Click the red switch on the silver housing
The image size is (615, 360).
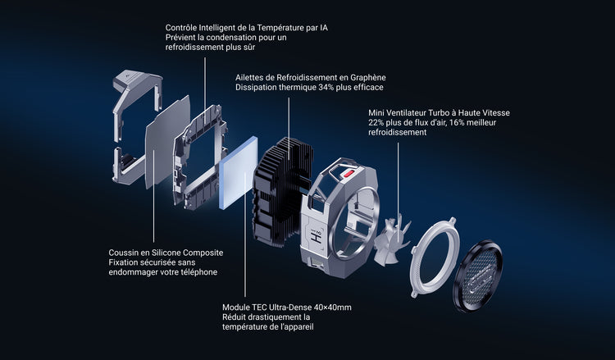point(348,173)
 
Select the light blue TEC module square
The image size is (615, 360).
point(239,173)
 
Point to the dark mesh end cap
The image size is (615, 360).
point(478,276)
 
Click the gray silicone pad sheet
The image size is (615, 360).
point(167,142)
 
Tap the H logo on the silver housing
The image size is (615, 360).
point(317,235)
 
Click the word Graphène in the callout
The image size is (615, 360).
point(368,78)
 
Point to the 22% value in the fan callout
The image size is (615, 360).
point(376,122)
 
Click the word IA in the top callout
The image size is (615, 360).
point(324,28)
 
